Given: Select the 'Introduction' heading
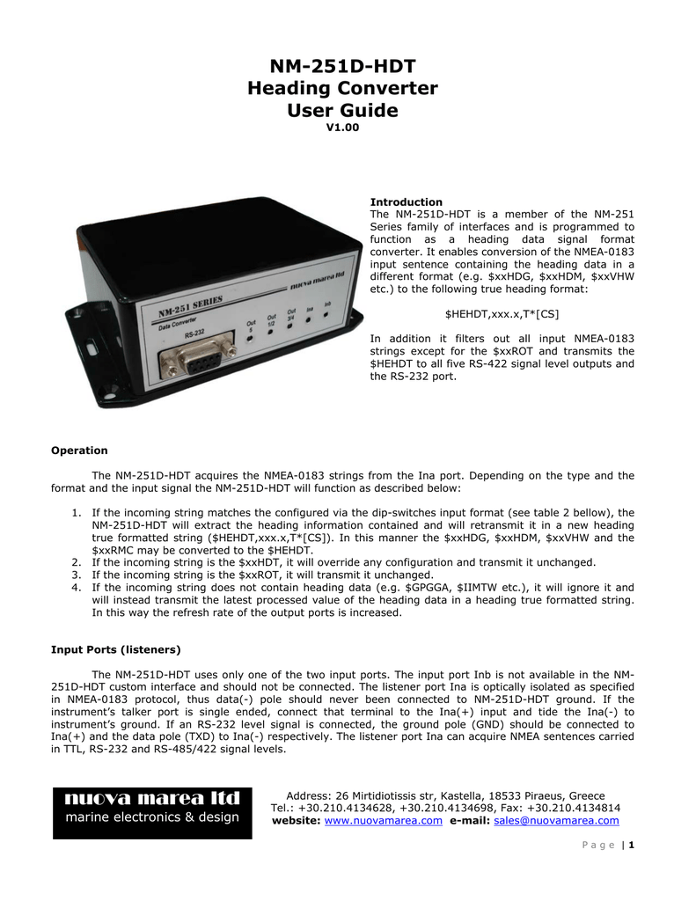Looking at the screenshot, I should (406, 202).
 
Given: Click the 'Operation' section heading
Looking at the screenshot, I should (79, 450).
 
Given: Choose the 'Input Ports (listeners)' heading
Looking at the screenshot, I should (116, 649).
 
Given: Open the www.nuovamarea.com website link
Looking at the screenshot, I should (384, 821).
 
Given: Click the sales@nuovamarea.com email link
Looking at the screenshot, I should (556, 821).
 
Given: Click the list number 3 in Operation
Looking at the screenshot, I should (77, 575).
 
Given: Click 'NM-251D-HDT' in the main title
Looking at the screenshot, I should (343, 67).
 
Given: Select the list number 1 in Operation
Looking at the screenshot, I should (77, 512).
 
